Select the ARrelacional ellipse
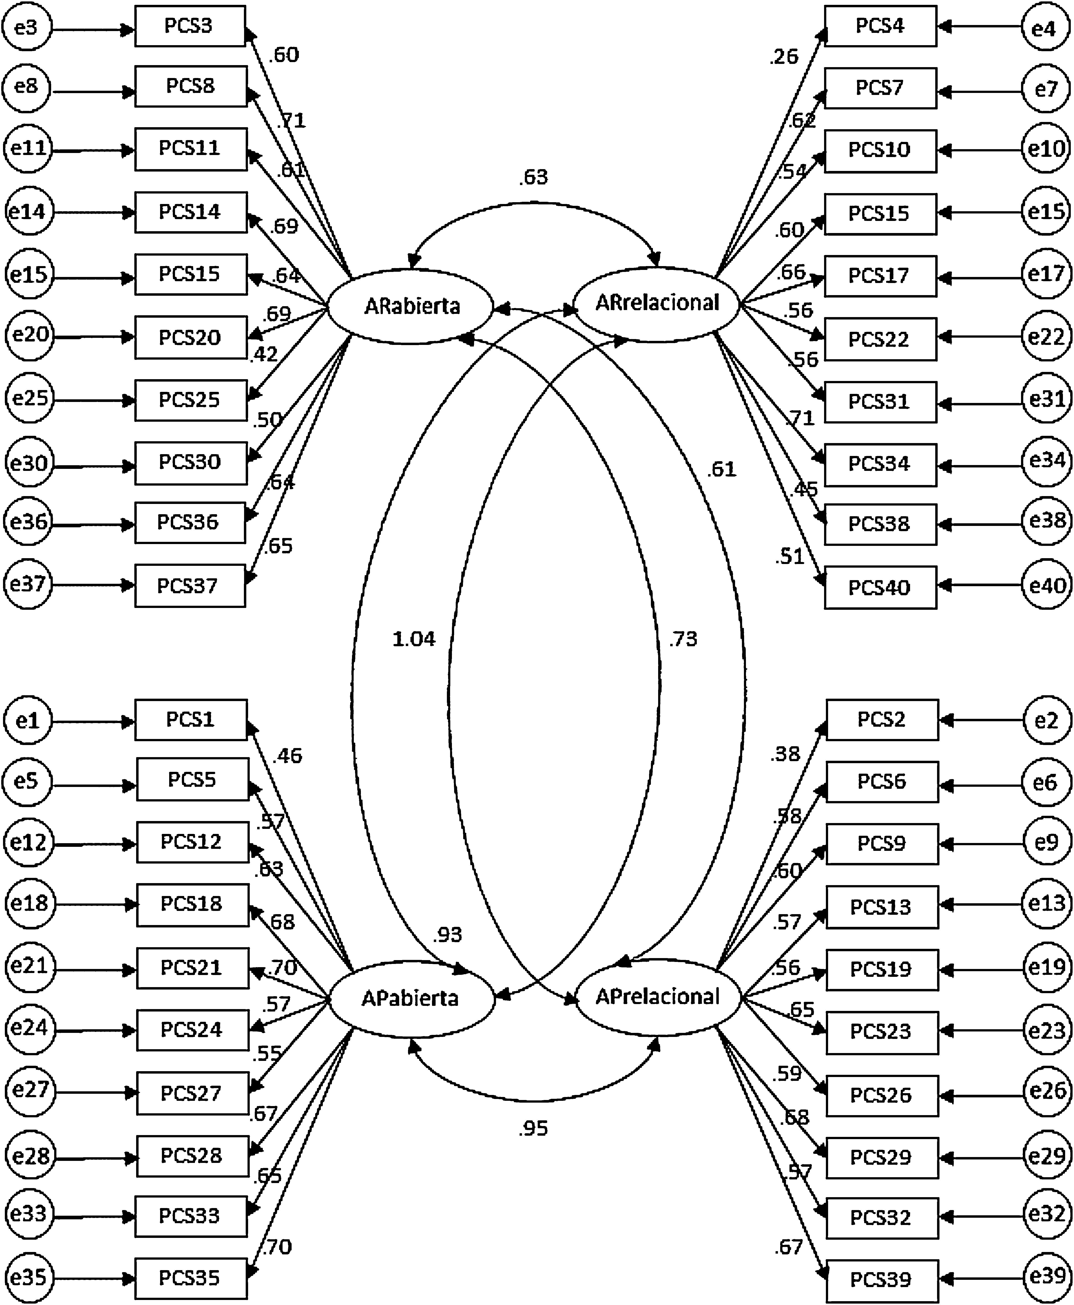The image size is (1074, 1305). pos(657,303)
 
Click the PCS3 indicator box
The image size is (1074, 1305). pos(190,26)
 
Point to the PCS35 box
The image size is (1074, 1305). pos(191,1278)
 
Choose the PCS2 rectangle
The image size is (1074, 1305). pos(882,719)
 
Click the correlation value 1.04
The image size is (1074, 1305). pos(414,638)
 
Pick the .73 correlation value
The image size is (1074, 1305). pos(683,638)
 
